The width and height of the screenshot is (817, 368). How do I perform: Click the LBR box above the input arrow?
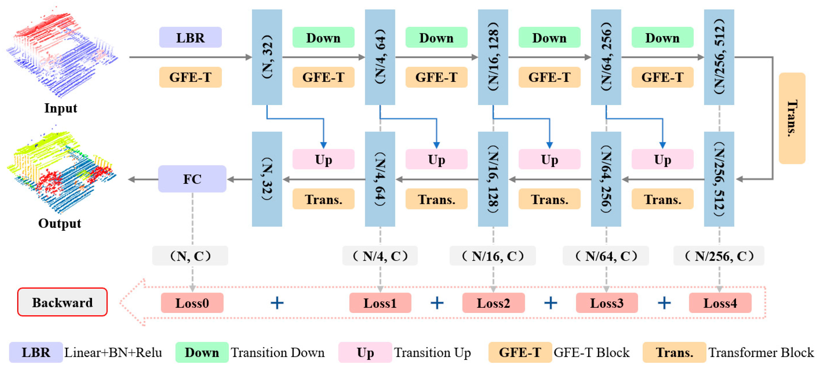click(x=190, y=37)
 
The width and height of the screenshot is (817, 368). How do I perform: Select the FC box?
click(x=192, y=179)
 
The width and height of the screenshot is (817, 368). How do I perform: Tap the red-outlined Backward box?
click(x=62, y=302)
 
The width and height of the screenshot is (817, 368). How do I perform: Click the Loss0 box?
click(x=192, y=303)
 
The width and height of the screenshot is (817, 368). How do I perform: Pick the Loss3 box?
click(x=606, y=303)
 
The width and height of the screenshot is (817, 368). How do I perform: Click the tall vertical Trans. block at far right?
click(x=792, y=118)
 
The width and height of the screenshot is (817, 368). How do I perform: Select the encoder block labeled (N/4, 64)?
click(x=380, y=57)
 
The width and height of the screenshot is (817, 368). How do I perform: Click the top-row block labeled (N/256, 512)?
click(x=719, y=57)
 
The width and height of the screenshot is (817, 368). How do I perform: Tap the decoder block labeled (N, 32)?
click(x=267, y=179)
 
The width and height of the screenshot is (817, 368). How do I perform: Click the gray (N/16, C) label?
click(x=493, y=256)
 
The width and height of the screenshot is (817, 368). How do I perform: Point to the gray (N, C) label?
click(x=190, y=256)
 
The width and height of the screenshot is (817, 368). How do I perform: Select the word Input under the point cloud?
click(x=61, y=108)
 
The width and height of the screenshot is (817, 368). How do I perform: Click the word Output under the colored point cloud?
click(x=60, y=223)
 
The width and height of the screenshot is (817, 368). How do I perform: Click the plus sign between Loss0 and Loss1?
click(x=277, y=303)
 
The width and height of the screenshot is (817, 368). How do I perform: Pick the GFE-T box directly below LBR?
click(x=190, y=77)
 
